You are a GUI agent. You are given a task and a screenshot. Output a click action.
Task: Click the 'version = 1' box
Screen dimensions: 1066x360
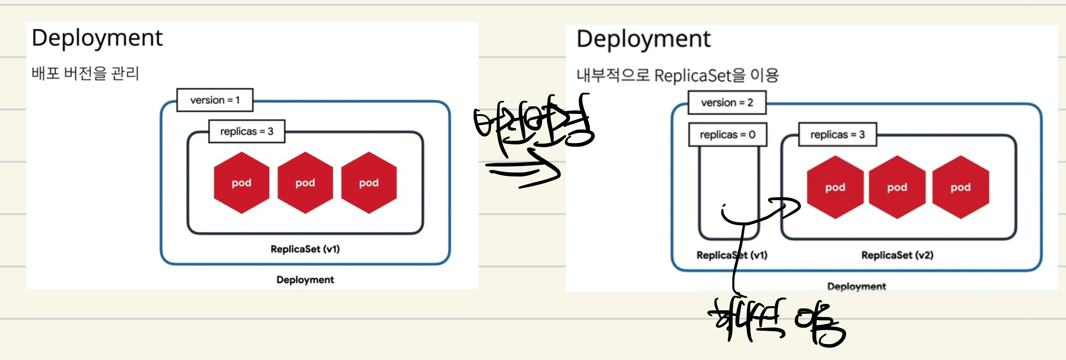[215, 100]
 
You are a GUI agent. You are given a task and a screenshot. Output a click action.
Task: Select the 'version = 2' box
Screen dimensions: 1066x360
[727, 103]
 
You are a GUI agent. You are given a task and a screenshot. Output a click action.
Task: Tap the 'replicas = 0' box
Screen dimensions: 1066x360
[727, 135]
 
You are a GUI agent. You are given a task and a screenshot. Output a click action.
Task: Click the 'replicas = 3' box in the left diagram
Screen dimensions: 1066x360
[247, 132]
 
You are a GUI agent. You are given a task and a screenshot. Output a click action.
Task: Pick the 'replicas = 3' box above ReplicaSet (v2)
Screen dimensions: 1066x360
[837, 135]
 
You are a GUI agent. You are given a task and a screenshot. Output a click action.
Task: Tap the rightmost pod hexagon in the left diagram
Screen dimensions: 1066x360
[369, 183]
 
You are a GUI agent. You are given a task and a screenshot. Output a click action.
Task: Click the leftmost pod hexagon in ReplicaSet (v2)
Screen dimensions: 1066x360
[835, 188]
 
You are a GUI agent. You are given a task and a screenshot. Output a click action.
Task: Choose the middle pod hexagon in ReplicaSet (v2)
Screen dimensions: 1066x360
[897, 188]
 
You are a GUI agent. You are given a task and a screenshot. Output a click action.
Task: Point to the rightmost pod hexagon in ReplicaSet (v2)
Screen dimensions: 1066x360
[961, 188]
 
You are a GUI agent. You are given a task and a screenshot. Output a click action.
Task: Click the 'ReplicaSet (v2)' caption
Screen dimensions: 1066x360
[897, 255]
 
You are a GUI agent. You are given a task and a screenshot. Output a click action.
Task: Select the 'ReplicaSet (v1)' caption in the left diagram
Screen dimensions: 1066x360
[305, 249]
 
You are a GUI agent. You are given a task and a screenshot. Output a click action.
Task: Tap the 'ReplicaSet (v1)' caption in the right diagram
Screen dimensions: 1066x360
[732, 255]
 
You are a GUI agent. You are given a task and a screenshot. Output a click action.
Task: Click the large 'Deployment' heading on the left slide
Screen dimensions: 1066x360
[97, 39]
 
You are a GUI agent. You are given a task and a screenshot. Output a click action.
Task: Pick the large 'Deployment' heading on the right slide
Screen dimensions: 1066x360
[643, 40]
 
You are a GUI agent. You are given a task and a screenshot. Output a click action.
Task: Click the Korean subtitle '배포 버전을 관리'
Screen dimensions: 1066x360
[85, 74]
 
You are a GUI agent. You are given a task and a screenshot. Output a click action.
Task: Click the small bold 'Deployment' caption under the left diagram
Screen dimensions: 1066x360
[305, 280]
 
